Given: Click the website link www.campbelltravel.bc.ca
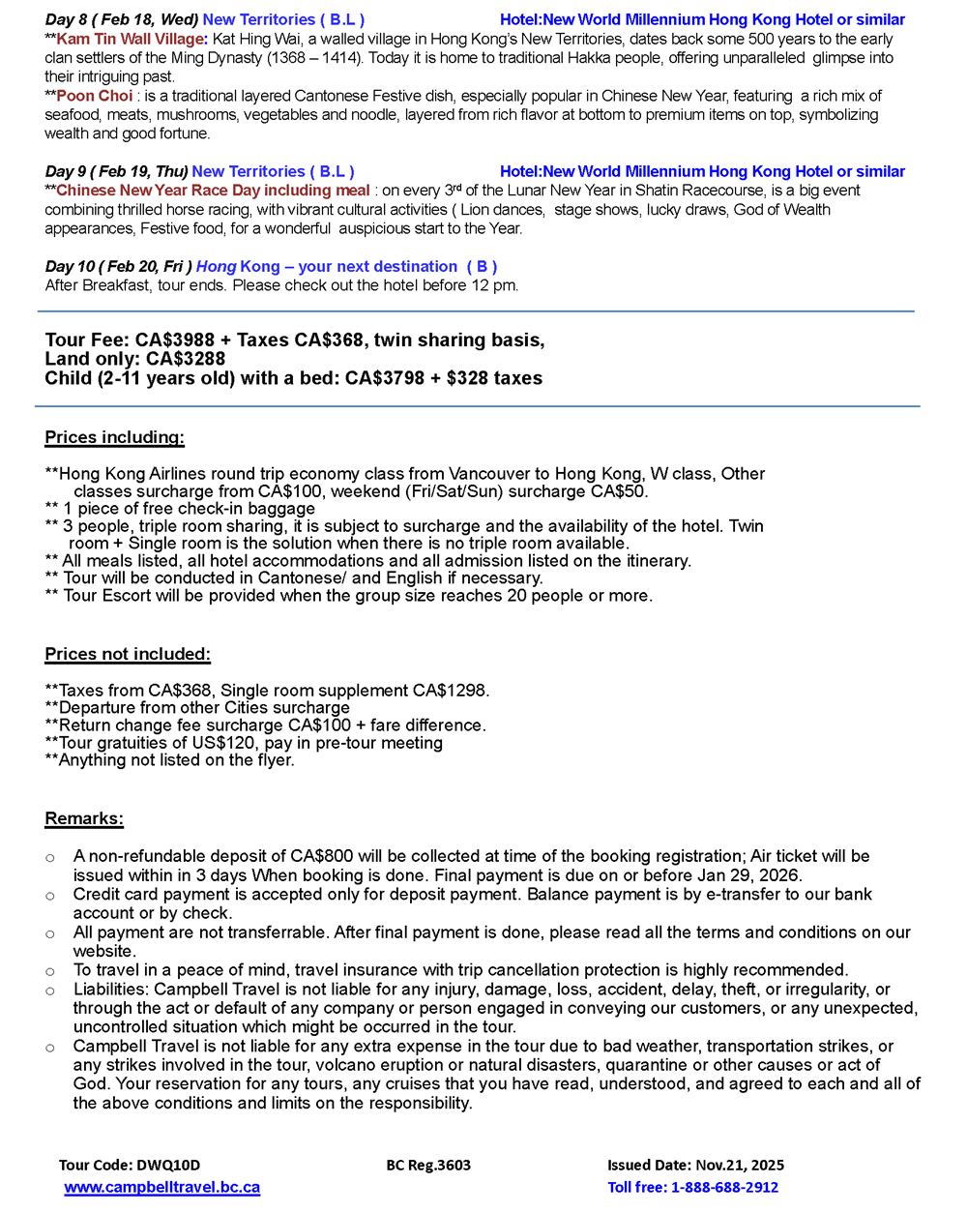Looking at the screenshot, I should point(161,1187).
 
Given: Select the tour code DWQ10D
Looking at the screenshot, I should point(130,1165).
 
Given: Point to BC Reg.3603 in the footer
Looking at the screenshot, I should point(428,1165).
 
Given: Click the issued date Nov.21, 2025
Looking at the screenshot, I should point(695,1165).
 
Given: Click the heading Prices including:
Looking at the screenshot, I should point(114,437).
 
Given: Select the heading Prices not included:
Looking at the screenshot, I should point(128,654).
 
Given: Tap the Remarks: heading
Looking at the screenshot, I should point(84,818).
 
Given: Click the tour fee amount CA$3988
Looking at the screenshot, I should point(176,340).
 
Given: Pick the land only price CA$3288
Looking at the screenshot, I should point(186,359).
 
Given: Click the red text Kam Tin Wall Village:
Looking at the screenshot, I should point(132,39).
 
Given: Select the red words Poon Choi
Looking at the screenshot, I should point(95,96).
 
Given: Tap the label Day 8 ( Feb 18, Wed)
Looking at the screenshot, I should point(122,19).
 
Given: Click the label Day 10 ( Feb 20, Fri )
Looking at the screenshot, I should point(119,266).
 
